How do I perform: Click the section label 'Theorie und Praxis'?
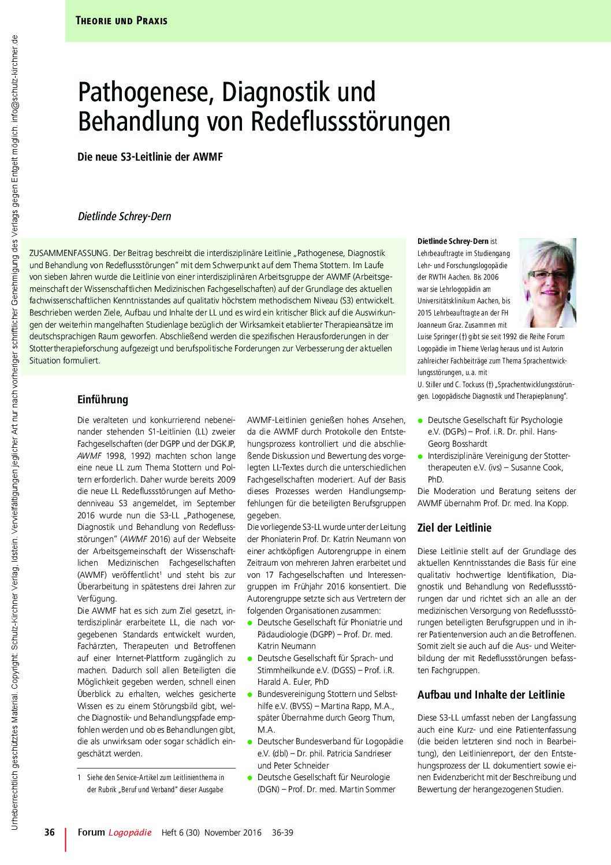121,21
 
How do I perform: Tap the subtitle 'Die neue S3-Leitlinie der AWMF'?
150,157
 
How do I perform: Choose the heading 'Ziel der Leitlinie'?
454,527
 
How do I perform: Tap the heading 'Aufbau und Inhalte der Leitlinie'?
491,695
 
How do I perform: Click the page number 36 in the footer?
50,833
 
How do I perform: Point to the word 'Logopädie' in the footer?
130,833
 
